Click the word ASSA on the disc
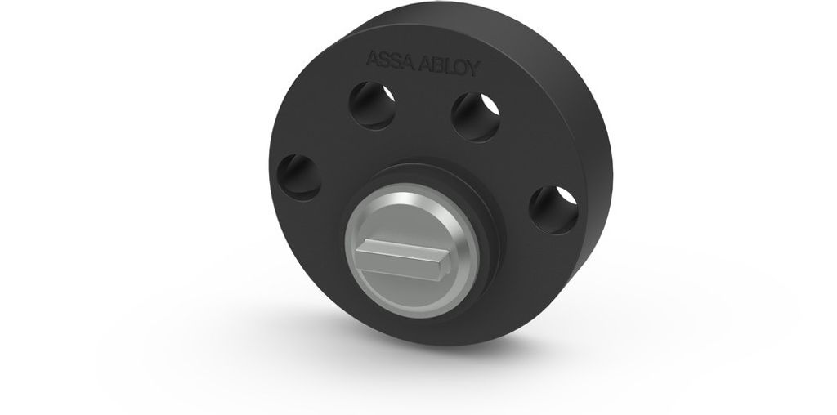pyautogui.click(x=390, y=60)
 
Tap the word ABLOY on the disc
pyautogui.click(x=450, y=66)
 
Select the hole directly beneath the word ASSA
pyautogui.click(x=373, y=105)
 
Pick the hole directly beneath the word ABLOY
pyautogui.click(x=476, y=118)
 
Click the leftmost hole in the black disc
pyautogui.click(x=299, y=177)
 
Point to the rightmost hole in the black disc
pyautogui.click(x=553, y=210)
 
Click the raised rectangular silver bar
pyautogui.click(x=402, y=259)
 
